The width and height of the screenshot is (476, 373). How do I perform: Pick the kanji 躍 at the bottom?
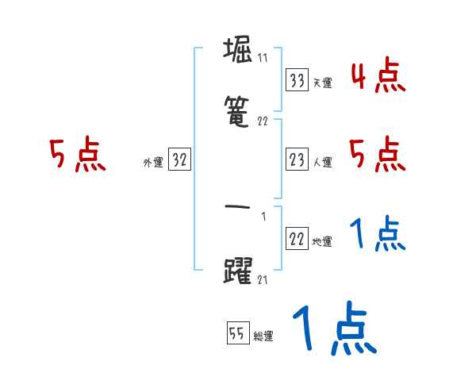239,271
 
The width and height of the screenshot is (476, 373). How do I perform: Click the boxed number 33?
298,80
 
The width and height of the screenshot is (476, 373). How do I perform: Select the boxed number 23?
298,160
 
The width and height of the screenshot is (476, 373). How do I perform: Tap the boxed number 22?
298,239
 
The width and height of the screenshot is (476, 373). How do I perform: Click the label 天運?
322,83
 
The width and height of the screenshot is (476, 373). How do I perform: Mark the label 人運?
322,162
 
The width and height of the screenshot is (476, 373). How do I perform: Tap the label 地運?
322,241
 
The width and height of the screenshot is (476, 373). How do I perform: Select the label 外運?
153,162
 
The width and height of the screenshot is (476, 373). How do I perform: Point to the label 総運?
263,336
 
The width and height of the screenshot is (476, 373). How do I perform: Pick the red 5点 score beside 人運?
378,154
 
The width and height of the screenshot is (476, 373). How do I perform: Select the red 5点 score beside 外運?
76,156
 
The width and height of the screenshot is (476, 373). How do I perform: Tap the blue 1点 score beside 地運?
378,235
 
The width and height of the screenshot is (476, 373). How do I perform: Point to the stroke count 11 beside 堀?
263,58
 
